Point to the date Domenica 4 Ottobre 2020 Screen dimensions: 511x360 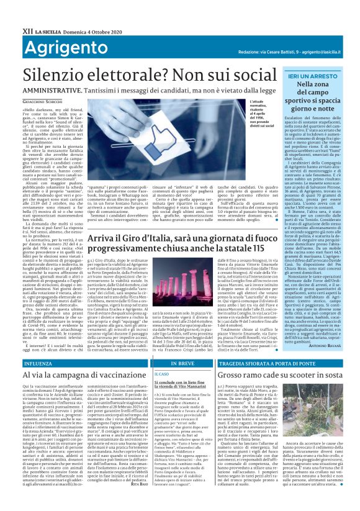(84, 12)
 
